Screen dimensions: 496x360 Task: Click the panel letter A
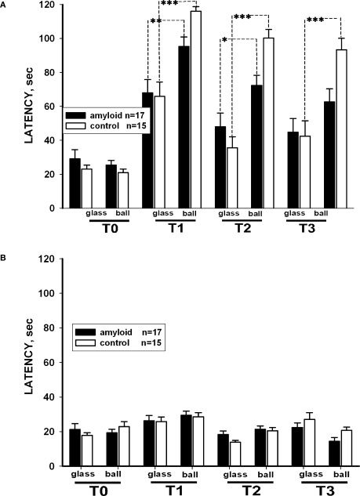pos(5,5)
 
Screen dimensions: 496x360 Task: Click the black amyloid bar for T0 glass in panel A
pos(75,183)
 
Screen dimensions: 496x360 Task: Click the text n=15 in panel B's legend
pos(154,342)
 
